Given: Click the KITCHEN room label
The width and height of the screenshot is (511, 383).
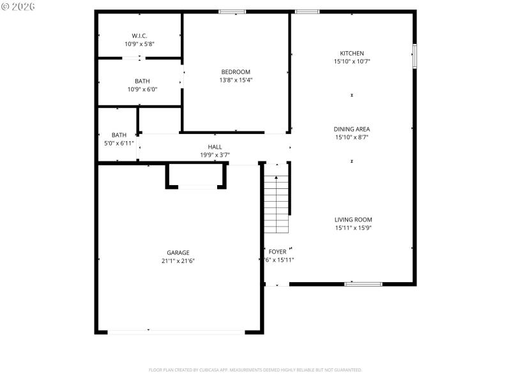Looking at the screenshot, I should point(352,54).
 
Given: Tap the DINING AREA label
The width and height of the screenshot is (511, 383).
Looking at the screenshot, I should point(352,129).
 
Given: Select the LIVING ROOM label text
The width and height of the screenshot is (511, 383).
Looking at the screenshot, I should point(353,220).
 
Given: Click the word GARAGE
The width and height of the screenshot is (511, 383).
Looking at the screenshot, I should point(178,253).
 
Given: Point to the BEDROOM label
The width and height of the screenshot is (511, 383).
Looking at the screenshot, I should point(236,72).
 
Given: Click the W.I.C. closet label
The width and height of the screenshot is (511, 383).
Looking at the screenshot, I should point(140,36).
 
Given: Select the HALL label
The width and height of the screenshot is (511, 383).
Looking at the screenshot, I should point(215,147).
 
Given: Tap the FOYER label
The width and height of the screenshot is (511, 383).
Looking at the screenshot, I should point(277,252).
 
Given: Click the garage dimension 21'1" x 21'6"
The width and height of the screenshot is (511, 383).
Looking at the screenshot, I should point(178,260).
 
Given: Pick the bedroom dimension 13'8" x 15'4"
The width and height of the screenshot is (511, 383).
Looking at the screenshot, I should point(236,80).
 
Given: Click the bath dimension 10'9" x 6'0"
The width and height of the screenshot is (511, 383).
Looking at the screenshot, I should point(142,89).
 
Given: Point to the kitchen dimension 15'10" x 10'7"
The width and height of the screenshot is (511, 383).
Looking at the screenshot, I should point(352,61).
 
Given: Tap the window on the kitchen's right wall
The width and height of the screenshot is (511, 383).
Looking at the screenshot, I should point(414,56).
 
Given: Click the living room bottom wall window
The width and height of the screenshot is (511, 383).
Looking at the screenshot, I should point(363,283).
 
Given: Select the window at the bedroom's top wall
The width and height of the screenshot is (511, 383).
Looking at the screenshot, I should point(233,11).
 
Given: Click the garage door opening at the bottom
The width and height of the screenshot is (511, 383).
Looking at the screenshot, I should point(175,331).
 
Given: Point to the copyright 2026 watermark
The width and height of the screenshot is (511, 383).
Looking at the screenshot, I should point(19,6).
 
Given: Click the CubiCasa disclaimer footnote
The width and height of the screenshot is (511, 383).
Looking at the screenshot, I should point(256,370).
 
